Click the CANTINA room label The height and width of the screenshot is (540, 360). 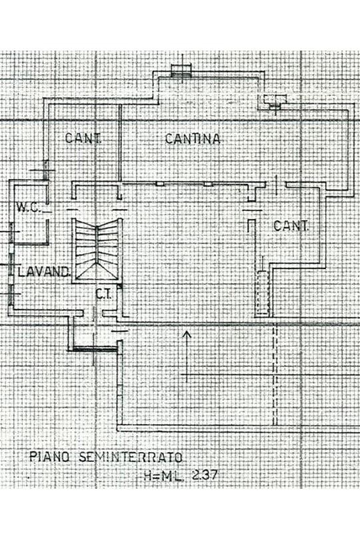[x=192, y=138]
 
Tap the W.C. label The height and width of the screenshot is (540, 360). [x=29, y=208]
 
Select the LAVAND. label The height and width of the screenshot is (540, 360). [x=44, y=272]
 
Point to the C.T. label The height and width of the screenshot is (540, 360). [x=103, y=294]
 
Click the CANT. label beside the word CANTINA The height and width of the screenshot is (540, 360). [x=83, y=138]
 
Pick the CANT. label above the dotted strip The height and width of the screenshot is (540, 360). [x=291, y=226]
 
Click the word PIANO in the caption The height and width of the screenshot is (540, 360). [x=50, y=457]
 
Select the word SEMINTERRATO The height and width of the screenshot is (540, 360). [x=131, y=457]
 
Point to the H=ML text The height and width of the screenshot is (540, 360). [x=164, y=476]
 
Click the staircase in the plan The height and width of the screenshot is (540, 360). [x=97, y=250]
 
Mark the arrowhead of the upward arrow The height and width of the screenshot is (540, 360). [x=187, y=334]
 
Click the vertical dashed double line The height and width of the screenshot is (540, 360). [x=275, y=374]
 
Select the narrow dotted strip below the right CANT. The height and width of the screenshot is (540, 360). [x=262, y=292]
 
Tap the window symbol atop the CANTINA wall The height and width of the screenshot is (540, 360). [x=182, y=69]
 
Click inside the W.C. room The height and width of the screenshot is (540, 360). [x=29, y=226]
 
